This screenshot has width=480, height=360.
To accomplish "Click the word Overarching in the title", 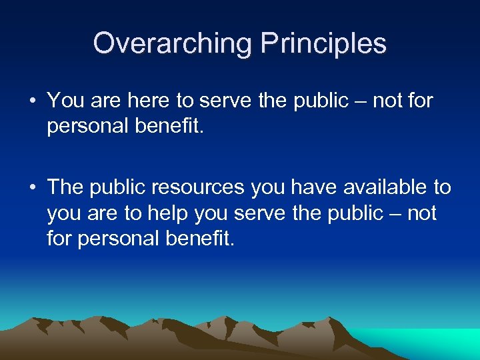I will click(173, 43).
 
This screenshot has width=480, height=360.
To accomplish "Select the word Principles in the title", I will click(323, 43).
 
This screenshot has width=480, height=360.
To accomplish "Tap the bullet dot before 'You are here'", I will click(32, 102).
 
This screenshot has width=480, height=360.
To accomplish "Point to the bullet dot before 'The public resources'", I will click(32, 188).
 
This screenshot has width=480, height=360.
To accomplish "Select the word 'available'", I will click(366, 187).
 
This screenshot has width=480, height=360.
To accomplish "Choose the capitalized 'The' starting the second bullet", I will click(65, 187).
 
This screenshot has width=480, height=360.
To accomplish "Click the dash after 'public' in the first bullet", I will click(360, 102).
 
